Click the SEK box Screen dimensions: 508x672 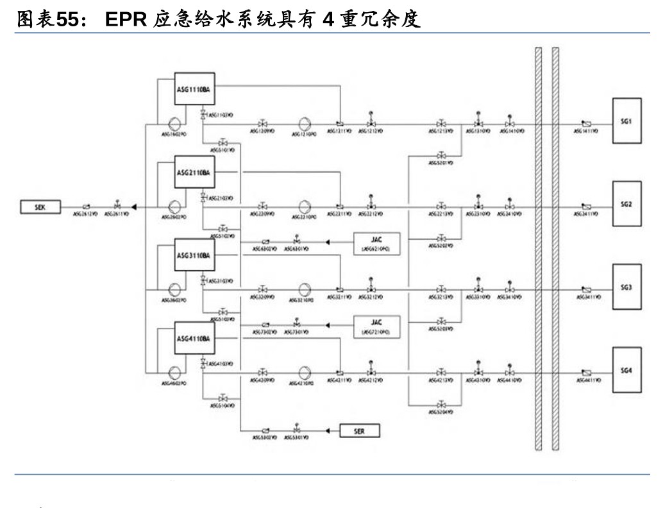pyautogui.click(x=38, y=207)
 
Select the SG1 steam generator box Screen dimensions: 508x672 pyautogui.click(x=626, y=121)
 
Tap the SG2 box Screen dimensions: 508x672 pyautogui.click(x=626, y=203)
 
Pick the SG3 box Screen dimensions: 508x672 pyautogui.click(x=626, y=287)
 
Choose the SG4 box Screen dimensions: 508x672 pyautogui.click(x=626, y=370)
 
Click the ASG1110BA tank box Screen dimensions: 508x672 pyautogui.click(x=193, y=90)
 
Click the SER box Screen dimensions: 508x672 pyautogui.click(x=359, y=432)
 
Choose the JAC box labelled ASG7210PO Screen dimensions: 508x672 pyautogui.click(x=376, y=326)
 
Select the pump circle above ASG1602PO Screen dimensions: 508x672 pyautogui.click(x=174, y=123)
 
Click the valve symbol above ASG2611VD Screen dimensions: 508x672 pyautogui.click(x=117, y=206)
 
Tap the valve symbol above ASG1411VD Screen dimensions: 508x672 pyautogui.click(x=586, y=124)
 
